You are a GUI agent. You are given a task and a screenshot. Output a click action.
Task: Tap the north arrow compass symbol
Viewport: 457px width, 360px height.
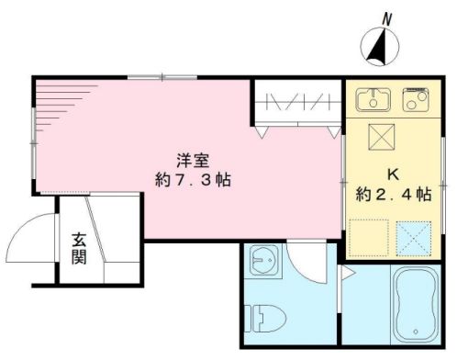378,47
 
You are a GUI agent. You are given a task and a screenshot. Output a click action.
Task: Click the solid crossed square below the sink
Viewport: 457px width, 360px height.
378,137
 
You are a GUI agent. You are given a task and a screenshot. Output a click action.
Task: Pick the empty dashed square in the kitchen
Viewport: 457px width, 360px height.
369,238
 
